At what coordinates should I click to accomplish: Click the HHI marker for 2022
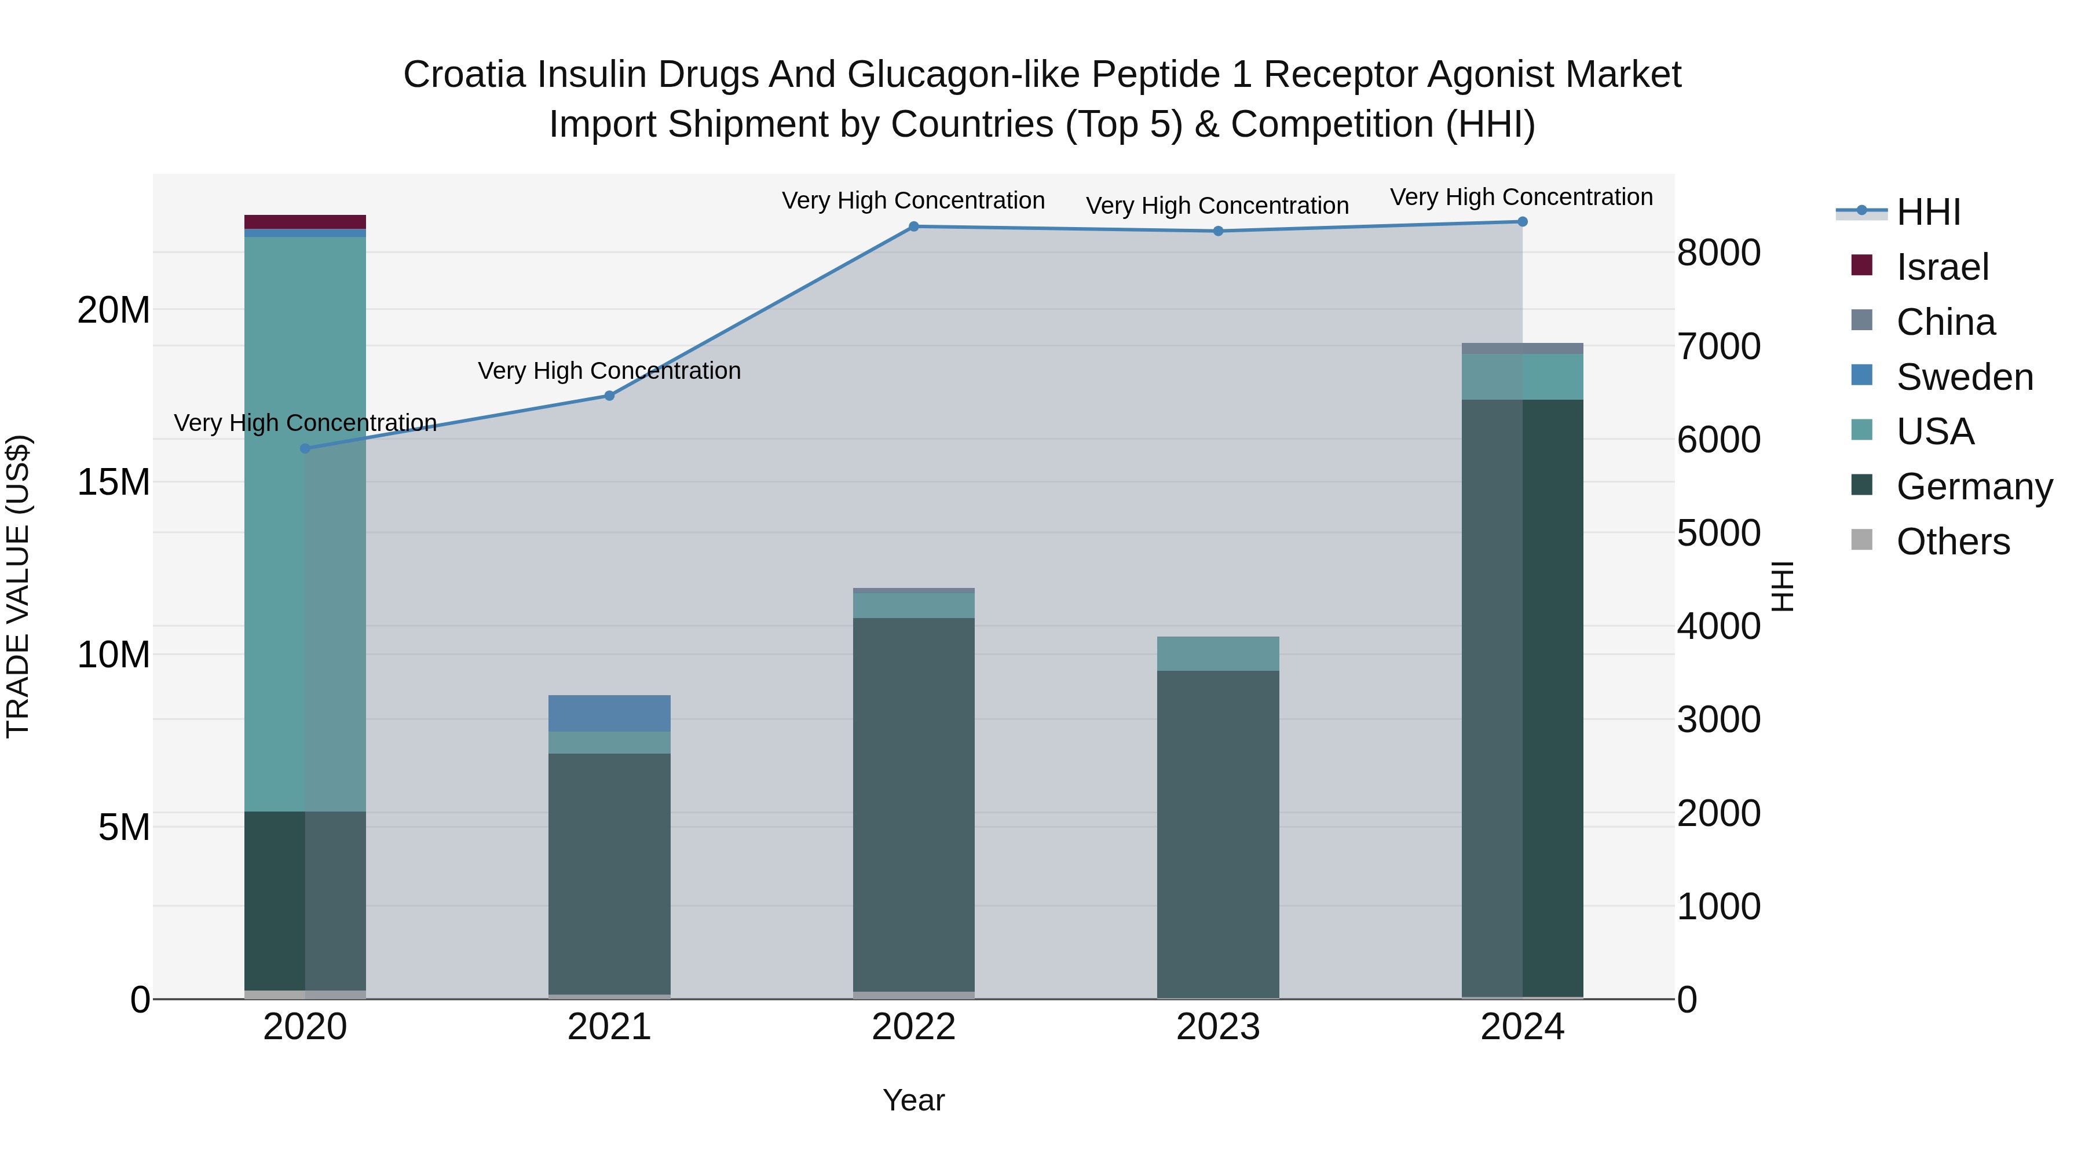tap(914, 226)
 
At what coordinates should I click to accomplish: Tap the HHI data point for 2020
tap(305, 448)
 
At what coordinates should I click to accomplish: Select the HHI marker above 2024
tap(1523, 222)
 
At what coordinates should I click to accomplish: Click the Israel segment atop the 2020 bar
tap(305, 222)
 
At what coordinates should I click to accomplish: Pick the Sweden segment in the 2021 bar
tap(609, 713)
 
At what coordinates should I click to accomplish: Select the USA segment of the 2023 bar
tap(1218, 653)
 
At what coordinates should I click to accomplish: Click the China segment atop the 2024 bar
tap(1523, 348)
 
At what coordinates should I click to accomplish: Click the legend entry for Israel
tap(1942, 267)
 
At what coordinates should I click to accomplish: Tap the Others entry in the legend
tap(1952, 542)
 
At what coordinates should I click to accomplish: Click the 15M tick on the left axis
tap(114, 483)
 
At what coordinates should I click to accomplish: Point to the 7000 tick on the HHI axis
tap(1718, 346)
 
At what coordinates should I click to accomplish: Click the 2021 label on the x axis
tap(609, 1027)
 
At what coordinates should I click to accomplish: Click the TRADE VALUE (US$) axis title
tap(18, 586)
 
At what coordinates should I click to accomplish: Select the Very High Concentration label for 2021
tap(609, 371)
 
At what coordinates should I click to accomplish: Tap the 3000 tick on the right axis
tap(1718, 719)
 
